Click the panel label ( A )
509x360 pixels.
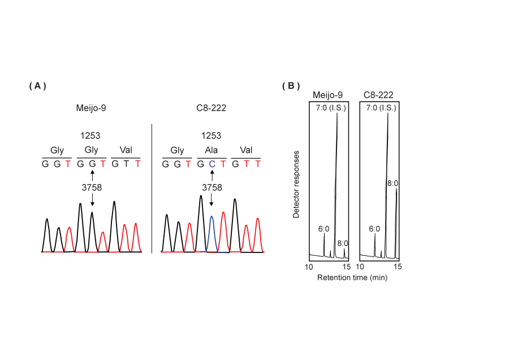click(x=37, y=86)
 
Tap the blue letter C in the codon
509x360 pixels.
click(x=212, y=164)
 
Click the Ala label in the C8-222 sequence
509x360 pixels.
click(x=212, y=151)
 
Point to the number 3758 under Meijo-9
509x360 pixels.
click(x=92, y=187)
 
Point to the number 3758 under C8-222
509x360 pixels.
click(x=212, y=187)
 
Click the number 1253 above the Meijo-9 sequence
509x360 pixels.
click(x=92, y=136)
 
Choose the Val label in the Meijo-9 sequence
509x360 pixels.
click(x=126, y=151)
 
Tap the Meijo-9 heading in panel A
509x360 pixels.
click(x=92, y=109)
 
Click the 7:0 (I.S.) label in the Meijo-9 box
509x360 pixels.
click(x=328, y=108)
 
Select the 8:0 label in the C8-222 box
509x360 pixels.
click(x=393, y=183)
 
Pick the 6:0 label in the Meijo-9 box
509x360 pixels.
click(x=323, y=229)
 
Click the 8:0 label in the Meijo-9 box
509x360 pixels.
click(x=343, y=243)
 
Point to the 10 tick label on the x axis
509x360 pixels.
click(x=309, y=267)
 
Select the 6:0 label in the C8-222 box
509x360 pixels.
click(x=374, y=229)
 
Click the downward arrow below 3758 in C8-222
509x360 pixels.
click(x=212, y=199)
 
